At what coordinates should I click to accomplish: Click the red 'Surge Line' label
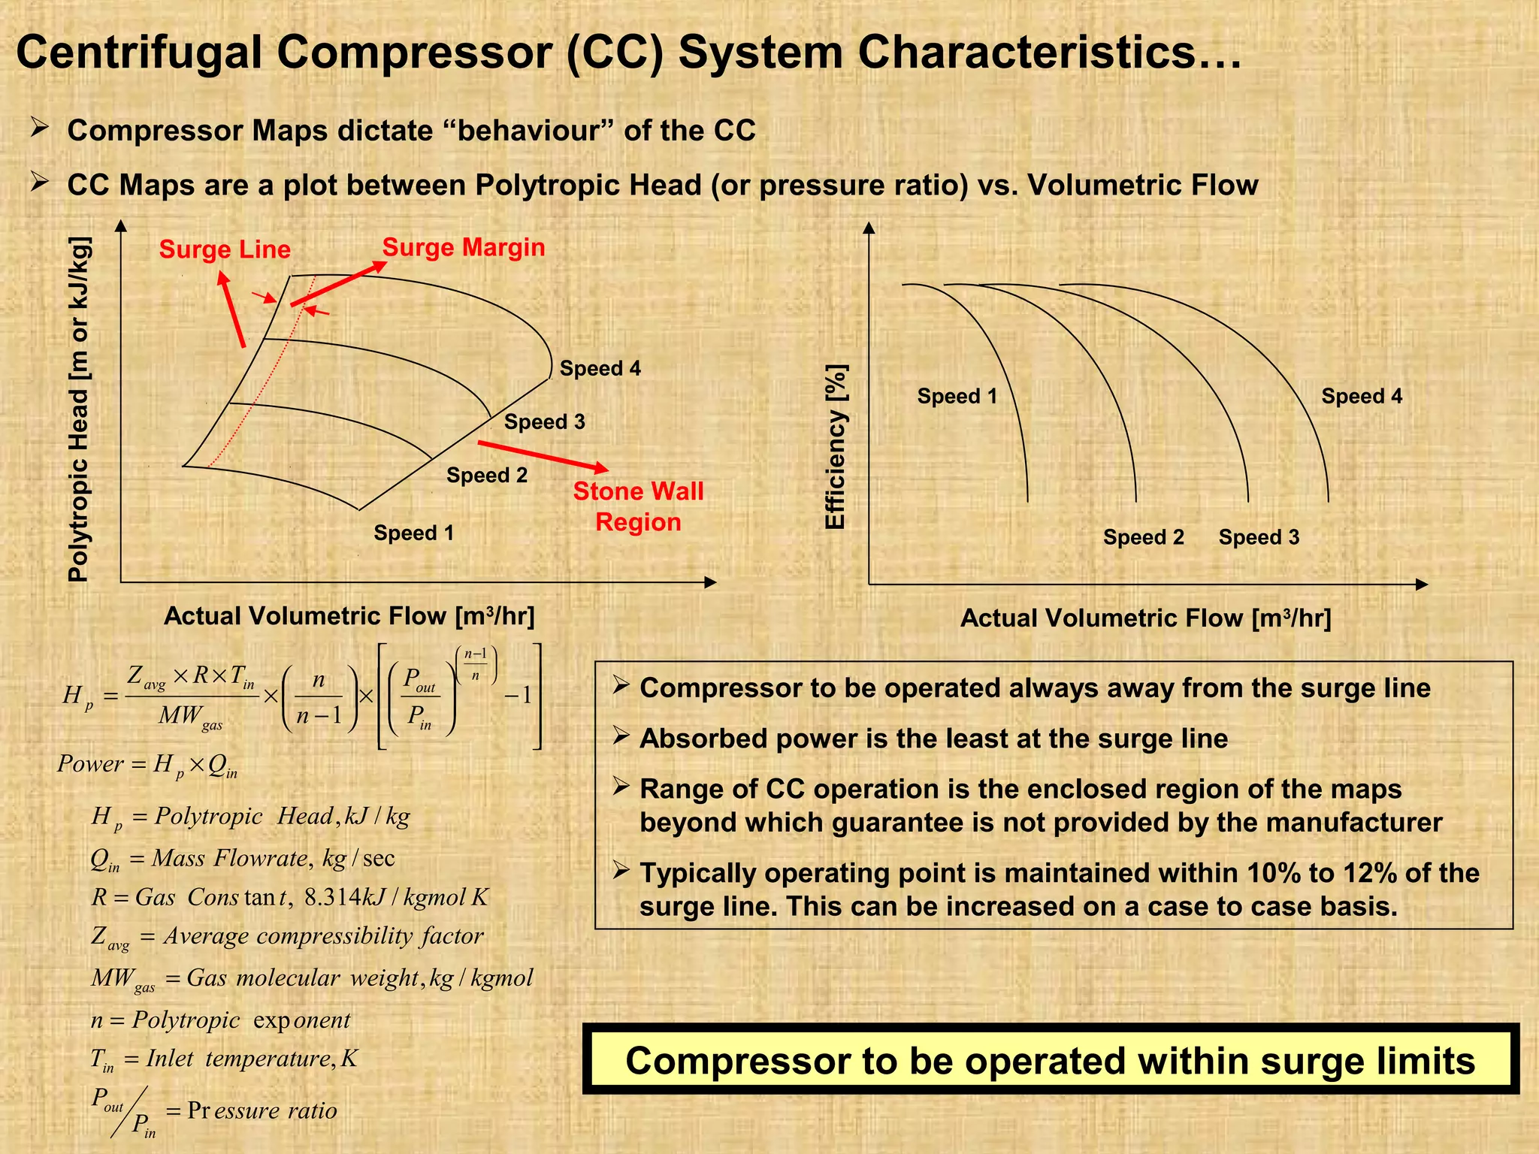coord(225,249)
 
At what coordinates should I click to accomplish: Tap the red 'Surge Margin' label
coord(464,247)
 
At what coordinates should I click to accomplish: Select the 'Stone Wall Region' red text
coord(638,506)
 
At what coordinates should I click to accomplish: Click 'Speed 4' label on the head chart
coord(600,368)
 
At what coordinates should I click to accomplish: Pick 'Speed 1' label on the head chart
coord(413,533)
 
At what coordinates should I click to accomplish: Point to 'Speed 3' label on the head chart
coord(544,421)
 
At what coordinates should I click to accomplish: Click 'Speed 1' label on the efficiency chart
coord(957,396)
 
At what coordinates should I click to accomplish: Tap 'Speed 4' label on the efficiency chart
coord(1362,396)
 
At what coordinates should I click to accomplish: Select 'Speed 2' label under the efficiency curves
coord(1143,537)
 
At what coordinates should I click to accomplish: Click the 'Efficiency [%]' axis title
coord(836,446)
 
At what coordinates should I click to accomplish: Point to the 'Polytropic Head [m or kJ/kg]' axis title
coord(79,409)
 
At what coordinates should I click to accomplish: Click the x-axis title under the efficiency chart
coord(1145,618)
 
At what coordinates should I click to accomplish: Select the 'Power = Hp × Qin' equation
coord(147,765)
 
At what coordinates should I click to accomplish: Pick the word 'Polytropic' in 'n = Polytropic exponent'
coord(186,1020)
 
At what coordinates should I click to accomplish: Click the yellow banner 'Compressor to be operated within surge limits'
coord(1050,1060)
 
